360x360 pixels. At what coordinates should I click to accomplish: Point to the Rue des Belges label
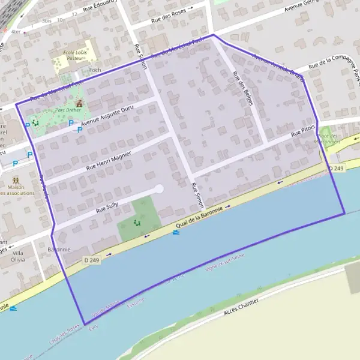242,88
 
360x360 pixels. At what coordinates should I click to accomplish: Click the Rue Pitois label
303,132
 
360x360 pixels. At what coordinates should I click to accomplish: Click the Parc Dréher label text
68,110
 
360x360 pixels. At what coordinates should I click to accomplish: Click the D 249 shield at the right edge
337,169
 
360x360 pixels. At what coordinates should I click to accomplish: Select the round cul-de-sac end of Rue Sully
159,189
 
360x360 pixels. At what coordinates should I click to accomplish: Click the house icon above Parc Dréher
78,103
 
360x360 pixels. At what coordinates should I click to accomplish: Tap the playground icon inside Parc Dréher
35,122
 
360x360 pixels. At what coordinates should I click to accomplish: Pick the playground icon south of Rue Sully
137,223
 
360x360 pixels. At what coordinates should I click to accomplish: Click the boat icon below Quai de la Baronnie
175,232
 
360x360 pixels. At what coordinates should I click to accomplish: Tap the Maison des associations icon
15,179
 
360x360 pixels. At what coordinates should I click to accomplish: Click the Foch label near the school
95,70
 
